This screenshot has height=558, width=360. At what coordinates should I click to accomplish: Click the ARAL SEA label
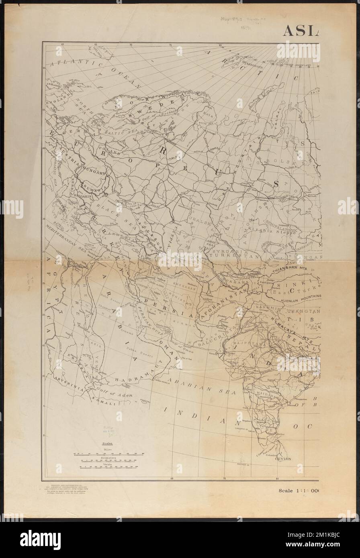pyautogui.click(x=211, y=242)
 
